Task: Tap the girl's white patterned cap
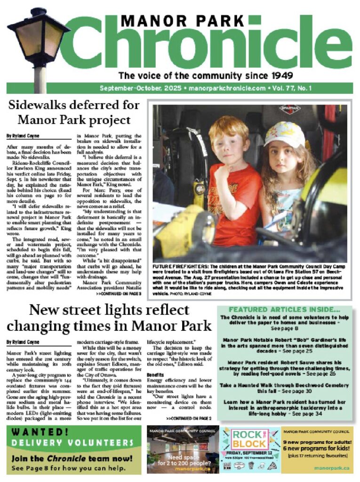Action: click(285, 135)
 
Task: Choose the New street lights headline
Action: click(109, 318)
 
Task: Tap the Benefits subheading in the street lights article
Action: click(156, 374)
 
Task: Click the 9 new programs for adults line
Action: click(317, 442)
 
